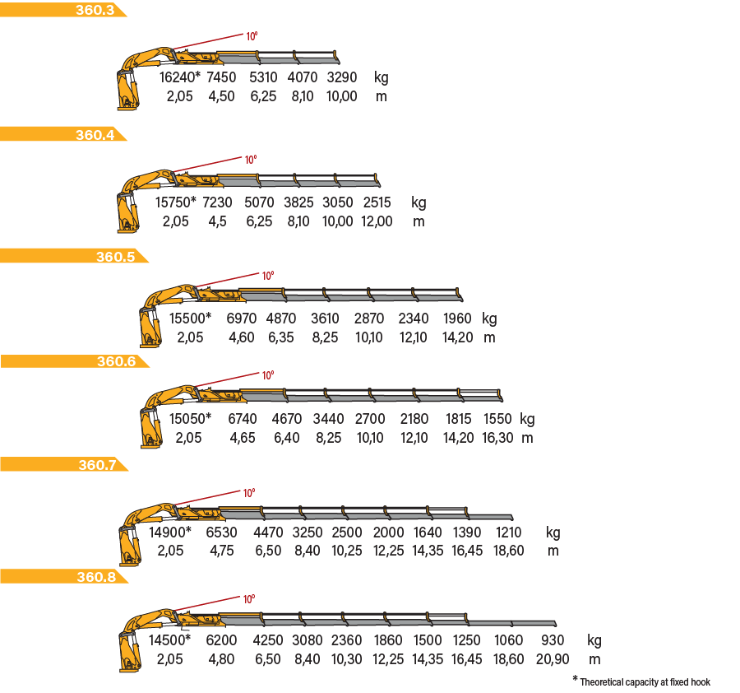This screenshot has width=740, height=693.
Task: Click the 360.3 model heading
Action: (x=95, y=10)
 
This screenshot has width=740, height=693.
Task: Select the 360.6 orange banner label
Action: (x=116, y=361)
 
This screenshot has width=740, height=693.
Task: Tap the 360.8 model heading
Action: (x=96, y=577)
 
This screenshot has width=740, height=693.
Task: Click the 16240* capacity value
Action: (x=180, y=77)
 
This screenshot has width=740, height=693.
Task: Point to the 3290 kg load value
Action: (x=342, y=77)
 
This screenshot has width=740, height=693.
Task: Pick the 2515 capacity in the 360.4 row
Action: (x=377, y=202)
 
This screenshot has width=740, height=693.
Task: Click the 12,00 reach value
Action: (x=377, y=221)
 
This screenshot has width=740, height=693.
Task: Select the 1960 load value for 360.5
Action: (x=457, y=319)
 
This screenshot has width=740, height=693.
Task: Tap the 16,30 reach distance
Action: (x=497, y=438)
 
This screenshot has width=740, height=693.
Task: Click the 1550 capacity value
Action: (x=497, y=419)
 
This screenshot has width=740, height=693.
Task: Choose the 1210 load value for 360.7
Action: (x=508, y=533)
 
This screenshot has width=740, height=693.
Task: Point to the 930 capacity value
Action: (x=553, y=640)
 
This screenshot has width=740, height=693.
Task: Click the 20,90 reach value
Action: (x=553, y=659)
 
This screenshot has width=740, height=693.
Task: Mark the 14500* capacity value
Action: (x=170, y=640)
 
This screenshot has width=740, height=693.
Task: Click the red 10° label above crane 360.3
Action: (x=252, y=36)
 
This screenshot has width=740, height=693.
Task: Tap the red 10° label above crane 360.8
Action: (x=248, y=599)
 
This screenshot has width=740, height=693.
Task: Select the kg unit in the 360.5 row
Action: (x=489, y=319)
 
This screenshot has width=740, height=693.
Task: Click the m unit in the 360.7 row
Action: (x=553, y=551)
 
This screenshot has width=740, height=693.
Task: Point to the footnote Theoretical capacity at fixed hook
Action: (x=645, y=682)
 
